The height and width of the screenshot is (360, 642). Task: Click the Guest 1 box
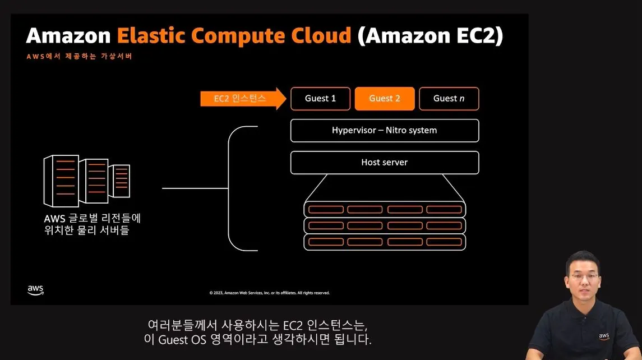point(320,99)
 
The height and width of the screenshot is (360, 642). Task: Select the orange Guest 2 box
point(385,99)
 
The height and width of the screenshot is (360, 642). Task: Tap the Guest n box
point(449,99)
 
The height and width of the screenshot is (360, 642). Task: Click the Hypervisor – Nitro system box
point(385,131)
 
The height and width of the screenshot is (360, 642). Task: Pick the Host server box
point(385,163)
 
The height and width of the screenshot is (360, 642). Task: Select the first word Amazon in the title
point(68,36)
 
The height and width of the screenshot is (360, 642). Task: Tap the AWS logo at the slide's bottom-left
point(35,290)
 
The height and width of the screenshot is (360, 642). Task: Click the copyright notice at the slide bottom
point(270,293)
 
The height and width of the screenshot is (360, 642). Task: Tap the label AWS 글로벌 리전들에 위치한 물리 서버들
point(92,224)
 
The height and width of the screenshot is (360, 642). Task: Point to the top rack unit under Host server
point(385,209)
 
